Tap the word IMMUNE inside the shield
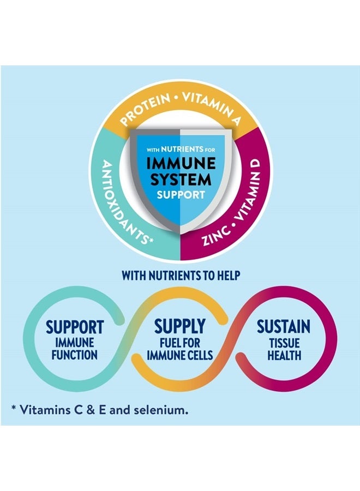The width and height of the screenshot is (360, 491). [x=181, y=164]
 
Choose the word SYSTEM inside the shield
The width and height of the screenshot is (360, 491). [x=181, y=179]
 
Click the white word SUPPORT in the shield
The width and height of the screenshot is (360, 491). [x=181, y=194]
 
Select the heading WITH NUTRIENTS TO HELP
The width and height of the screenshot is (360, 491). [x=181, y=276]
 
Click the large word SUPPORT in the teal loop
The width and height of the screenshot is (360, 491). [x=75, y=327]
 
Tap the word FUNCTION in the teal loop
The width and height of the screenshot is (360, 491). [x=75, y=355]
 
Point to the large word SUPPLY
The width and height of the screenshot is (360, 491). [x=179, y=326]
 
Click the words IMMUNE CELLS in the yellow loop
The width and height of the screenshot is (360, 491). [x=179, y=355]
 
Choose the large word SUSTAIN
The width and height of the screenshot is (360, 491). [x=284, y=327]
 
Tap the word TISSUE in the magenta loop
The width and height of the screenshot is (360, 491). [x=284, y=343]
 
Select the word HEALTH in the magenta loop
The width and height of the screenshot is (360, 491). [x=284, y=355]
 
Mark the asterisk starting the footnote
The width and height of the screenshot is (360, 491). [x=14, y=408]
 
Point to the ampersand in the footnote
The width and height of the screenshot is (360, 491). [x=91, y=410]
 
